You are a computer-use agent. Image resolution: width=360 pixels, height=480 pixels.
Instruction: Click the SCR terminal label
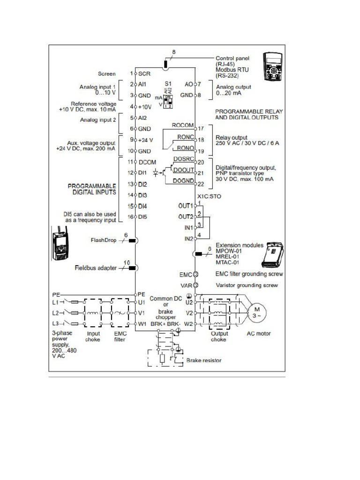click(x=144, y=74)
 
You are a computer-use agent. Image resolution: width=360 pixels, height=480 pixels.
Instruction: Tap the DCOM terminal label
click(x=148, y=161)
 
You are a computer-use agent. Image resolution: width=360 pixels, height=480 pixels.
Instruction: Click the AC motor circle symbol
click(x=256, y=312)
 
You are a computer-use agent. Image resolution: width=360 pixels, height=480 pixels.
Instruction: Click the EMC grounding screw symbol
click(x=196, y=274)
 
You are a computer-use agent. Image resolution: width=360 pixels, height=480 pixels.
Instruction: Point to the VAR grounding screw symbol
click(x=196, y=285)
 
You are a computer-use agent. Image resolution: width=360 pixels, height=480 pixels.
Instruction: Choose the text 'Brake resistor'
click(x=204, y=360)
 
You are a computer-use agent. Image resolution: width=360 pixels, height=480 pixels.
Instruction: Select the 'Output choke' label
click(x=219, y=337)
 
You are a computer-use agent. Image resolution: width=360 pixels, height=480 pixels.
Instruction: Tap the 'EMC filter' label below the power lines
click(x=120, y=337)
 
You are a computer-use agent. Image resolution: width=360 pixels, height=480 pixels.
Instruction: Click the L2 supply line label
click(x=55, y=312)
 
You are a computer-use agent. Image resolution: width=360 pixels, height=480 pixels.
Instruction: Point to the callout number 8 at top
click(x=174, y=51)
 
